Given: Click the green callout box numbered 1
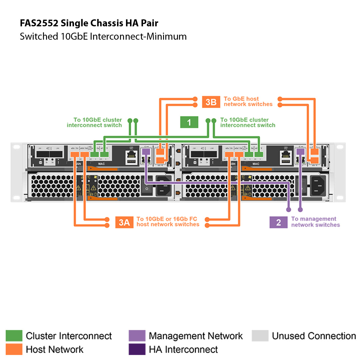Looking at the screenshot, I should [189, 122].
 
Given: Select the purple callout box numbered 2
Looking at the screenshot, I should [278, 222].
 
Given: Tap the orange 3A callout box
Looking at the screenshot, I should [124, 222].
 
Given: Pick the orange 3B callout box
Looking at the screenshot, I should [211, 102].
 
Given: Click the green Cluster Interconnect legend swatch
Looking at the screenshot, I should [14, 336].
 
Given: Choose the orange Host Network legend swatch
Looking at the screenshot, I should [14, 349].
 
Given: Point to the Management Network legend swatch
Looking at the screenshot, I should [137, 336].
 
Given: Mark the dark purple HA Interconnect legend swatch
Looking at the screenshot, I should [137, 349].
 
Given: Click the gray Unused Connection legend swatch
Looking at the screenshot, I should [260, 336].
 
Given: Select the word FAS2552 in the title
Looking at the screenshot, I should [39, 23].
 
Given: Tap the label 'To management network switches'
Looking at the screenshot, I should [315, 222].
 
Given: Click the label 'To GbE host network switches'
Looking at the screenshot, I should [248, 101].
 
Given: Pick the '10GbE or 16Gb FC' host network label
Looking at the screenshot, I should [168, 222].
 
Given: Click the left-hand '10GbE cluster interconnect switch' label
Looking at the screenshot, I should [94, 122].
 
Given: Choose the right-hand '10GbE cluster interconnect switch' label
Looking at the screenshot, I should [248, 122].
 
